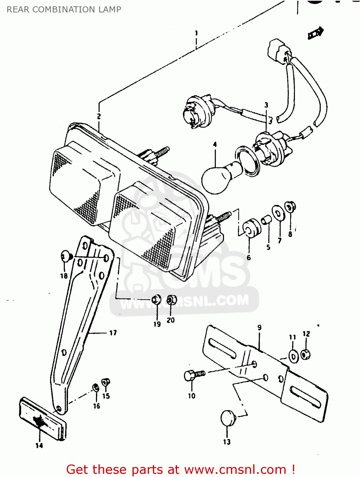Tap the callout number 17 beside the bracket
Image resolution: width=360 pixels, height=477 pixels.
(113, 333)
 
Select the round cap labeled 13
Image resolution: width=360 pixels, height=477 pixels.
(228, 418)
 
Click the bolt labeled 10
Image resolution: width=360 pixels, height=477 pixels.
(193, 375)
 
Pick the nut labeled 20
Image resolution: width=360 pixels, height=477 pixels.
(171, 300)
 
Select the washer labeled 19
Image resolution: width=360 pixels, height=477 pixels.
(156, 299)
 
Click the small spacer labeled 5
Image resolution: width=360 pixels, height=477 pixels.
(266, 219)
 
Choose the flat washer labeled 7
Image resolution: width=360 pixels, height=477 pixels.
(278, 213)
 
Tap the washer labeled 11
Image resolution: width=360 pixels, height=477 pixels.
(293, 356)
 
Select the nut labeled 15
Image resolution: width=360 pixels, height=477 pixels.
(106, 382)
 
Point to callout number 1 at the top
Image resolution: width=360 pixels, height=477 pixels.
(196, 33)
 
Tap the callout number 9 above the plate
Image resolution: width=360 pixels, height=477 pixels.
(260, 328)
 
